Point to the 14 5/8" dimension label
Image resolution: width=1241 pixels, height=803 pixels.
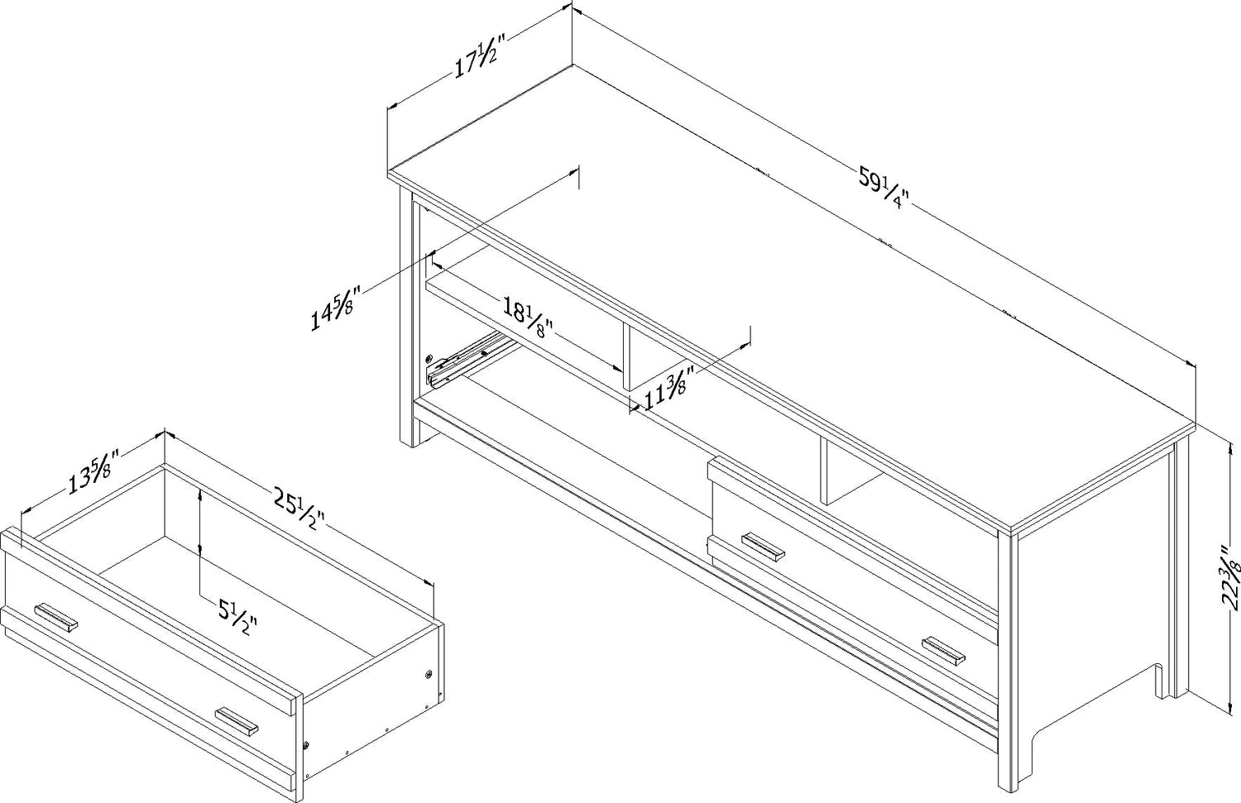pyautogui.click(x=336, y=308)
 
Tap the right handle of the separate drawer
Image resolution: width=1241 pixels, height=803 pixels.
pyautogui.click(x=237, y=722)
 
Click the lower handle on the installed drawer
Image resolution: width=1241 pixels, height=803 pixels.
pyautogui.click(x=943, y=650)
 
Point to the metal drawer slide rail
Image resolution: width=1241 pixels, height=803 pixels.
pyautogui.click(x=470, y=360)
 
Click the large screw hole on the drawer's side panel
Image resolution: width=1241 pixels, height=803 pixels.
pyautogui.click(x=429, y=675)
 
